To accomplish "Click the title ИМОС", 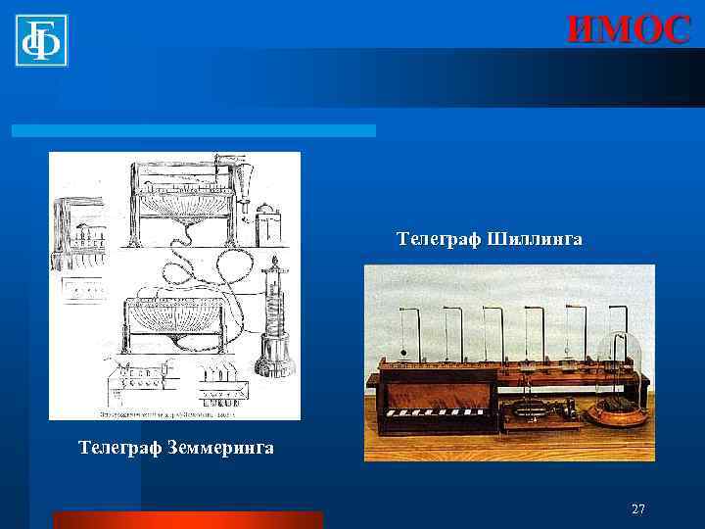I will pos(629,29).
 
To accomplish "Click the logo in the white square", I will pos(41,41).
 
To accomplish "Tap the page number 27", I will pos(638,508).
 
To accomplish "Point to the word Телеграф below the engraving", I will pos(116,449).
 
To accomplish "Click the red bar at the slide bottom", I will pos(187,519).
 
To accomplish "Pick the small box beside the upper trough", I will pos(267,223).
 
